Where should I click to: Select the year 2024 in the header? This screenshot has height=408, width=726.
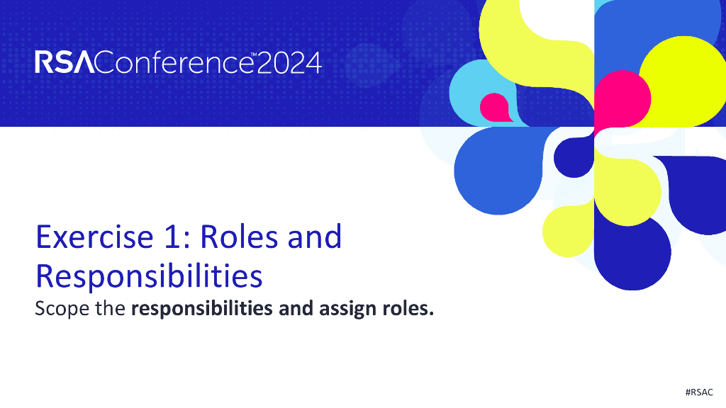coord(289,63)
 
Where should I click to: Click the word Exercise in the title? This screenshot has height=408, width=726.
coord(84,237)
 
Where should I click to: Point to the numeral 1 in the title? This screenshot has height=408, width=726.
coord(164,237)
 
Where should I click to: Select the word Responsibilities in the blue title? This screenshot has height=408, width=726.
coord(149,276)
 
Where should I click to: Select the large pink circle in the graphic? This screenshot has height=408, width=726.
coord(622,98)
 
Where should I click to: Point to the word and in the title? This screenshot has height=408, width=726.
coord(314,237)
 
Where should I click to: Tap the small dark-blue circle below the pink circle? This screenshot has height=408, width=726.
coord(573,157)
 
